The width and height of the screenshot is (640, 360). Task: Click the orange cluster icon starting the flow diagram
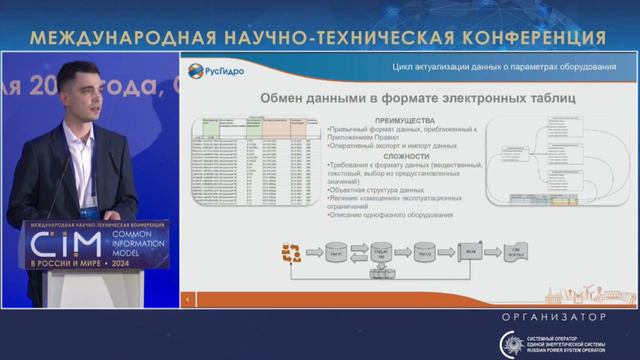(x=291, y=254)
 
